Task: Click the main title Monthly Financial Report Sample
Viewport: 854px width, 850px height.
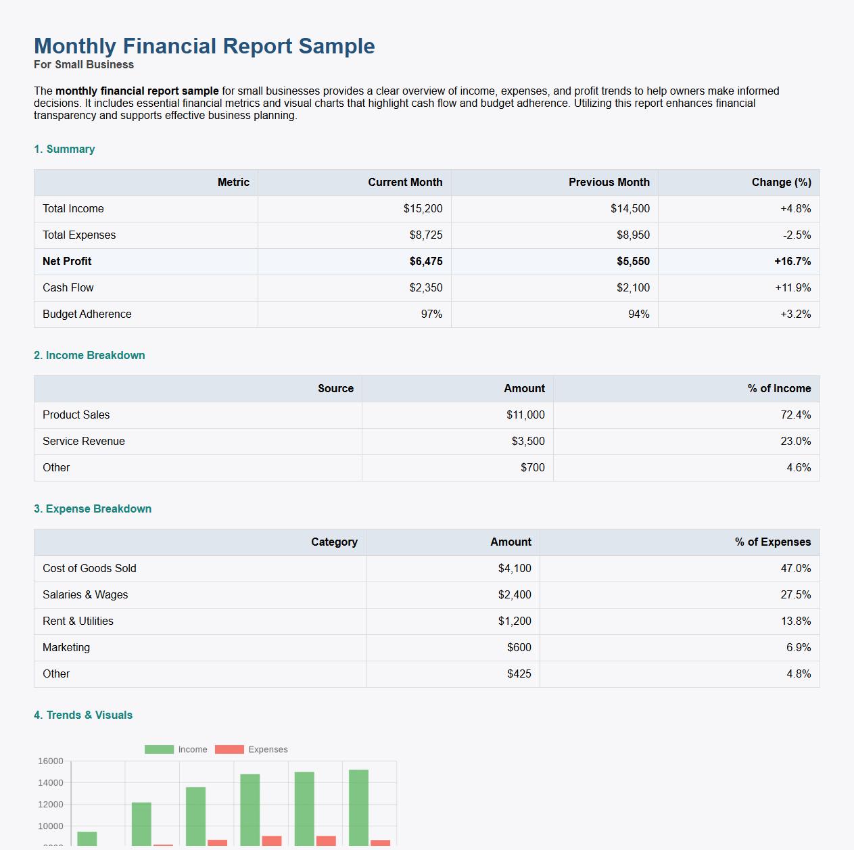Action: click(204, 46)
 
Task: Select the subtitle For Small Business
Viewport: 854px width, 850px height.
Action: click(84, 65)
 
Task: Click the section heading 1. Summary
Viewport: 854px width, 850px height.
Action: click(64, 149)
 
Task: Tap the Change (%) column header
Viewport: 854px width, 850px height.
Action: click(781, 183)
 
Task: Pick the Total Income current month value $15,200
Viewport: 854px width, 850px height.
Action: click(423, 209)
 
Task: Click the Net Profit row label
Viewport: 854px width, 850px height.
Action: click(67, 262)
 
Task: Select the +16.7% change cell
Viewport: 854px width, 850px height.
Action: click(792, 262)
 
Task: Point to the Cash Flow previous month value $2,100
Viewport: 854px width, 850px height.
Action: click(632, 288)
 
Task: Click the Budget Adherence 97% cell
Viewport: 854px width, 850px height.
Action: click(431, 314)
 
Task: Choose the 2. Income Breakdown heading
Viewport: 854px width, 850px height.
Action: click(89, 356)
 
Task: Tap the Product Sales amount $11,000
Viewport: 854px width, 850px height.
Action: click(525, 415)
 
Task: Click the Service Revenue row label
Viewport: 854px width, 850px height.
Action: click(84, 442)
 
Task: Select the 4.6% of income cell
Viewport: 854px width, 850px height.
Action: click(798, 468)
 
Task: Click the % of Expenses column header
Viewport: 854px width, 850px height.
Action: click(772, 542)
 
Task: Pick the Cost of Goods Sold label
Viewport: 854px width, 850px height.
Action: click(89, 569)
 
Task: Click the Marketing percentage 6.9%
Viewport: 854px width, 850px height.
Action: click(798, 648)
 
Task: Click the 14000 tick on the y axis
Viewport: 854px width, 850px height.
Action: click(51, 783)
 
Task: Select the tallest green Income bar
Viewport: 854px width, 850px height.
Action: click(358, 807)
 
